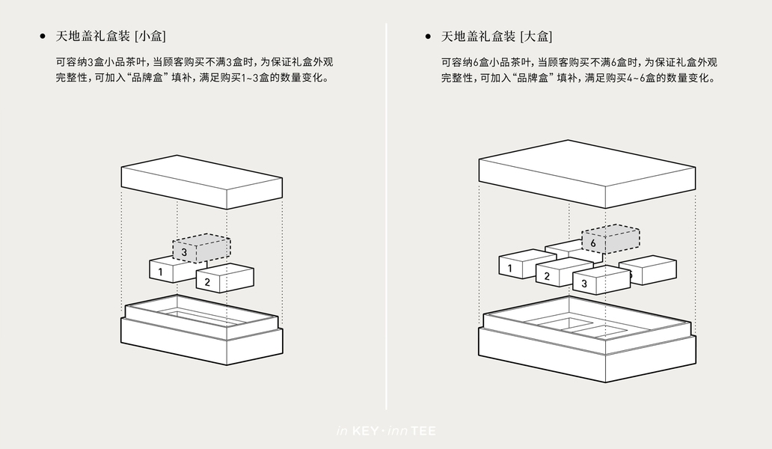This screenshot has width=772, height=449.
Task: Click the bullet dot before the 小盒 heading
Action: [x=43, y=36]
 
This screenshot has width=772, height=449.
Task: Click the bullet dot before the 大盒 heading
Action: [x=429, y=36]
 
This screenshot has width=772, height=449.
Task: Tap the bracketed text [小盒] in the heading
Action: [x=150, y=36]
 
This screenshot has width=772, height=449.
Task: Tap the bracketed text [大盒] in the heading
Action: [x=536, y=36]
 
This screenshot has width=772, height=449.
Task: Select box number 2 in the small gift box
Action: [x=224, y=278]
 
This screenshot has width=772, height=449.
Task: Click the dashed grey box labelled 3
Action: [x=201, y=248]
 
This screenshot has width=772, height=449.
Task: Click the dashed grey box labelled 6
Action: [x=610, y=239]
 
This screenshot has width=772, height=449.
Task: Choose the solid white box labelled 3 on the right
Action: [x=601, y=280]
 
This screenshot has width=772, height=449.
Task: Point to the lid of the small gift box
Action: [x=202, y=182]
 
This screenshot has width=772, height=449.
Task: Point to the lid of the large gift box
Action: [x=587, y=174]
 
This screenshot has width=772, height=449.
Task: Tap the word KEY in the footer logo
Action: [x=366, y=431]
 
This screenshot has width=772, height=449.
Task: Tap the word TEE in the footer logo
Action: [x=423, y=431]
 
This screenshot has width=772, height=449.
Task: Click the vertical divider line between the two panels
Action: [x=386, y=216]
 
